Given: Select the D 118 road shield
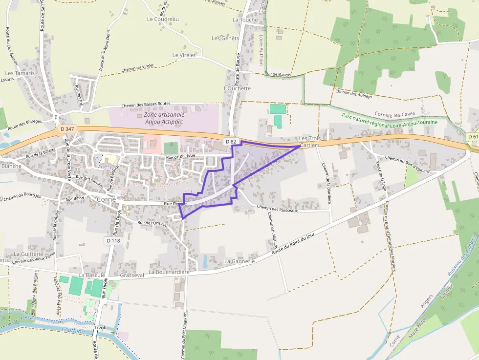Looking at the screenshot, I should tap(112, 241).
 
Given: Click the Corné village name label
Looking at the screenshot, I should tap(107, 199).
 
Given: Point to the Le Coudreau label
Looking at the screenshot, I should tap(163, 19).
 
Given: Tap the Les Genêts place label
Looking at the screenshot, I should tap(225, 38).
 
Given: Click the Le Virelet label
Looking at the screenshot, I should tap(184, 55).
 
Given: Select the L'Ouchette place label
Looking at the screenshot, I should tap(237, 88).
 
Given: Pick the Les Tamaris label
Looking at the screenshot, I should tap(20, 73).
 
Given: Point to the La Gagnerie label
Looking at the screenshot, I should tap(240, 261).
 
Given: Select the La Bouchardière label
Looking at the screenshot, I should tap(169, 272).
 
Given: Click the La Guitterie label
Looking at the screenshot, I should tap(29, 254).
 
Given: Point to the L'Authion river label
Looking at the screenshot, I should tap(74, 331).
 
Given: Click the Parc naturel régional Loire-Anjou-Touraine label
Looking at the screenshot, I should tap(390, 120).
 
